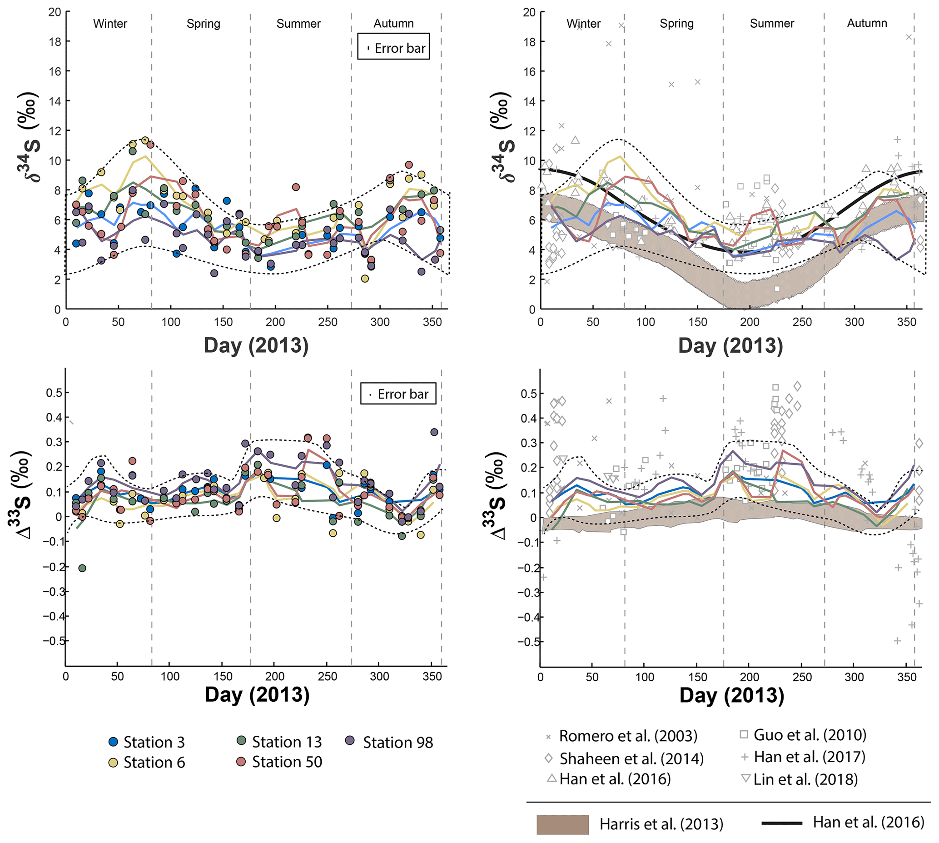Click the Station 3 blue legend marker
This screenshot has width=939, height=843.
pos(113,742)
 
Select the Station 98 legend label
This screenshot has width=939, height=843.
pos(398,743)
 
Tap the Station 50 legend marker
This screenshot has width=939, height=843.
pos(241,762)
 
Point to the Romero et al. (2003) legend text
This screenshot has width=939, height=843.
pos(628,736)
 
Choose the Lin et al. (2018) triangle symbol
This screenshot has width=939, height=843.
pos(745,778)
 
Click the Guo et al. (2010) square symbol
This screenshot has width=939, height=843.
pos(744,734)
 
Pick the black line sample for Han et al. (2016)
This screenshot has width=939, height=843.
pos(782,823)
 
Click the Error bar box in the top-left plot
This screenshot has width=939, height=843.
pos(393,46)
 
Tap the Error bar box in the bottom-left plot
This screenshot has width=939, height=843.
pos(398,394)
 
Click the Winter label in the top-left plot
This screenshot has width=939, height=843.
pos(110,24)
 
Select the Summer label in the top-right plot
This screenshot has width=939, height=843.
pos(772,24)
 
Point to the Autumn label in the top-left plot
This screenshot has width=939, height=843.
pos(393,24)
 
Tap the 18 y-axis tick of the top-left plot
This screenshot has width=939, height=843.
pos(55,41)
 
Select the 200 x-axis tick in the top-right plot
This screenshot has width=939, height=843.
pos(750,322)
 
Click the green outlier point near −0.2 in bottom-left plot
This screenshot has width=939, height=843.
pos(82,568)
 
